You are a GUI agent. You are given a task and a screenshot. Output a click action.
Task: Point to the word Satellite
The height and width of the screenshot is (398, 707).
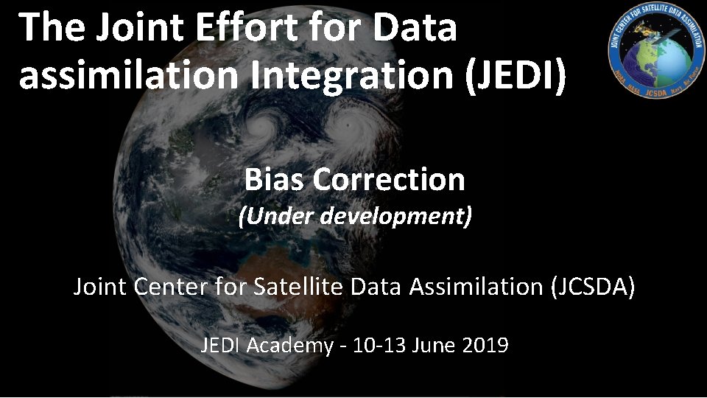click(x=298, y=286)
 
